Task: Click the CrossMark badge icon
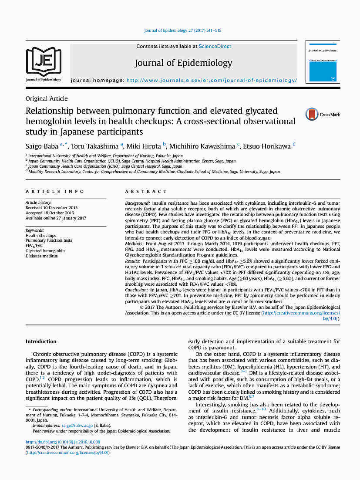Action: [312, 115]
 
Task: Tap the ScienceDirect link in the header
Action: [215, 46]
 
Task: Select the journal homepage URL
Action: [211, 81]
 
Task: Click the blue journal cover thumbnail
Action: [323, 62]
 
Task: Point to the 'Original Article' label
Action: [47, 98]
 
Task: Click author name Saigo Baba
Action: [42, 146]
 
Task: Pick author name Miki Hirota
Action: [144, 146]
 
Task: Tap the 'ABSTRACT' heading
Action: [146, 192]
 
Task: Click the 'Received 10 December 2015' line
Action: [52, 208]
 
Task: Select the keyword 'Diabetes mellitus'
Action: [42, 256]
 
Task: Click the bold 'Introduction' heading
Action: [41, 341]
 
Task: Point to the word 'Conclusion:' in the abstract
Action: [137, 290]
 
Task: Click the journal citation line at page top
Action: [182, 31]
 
